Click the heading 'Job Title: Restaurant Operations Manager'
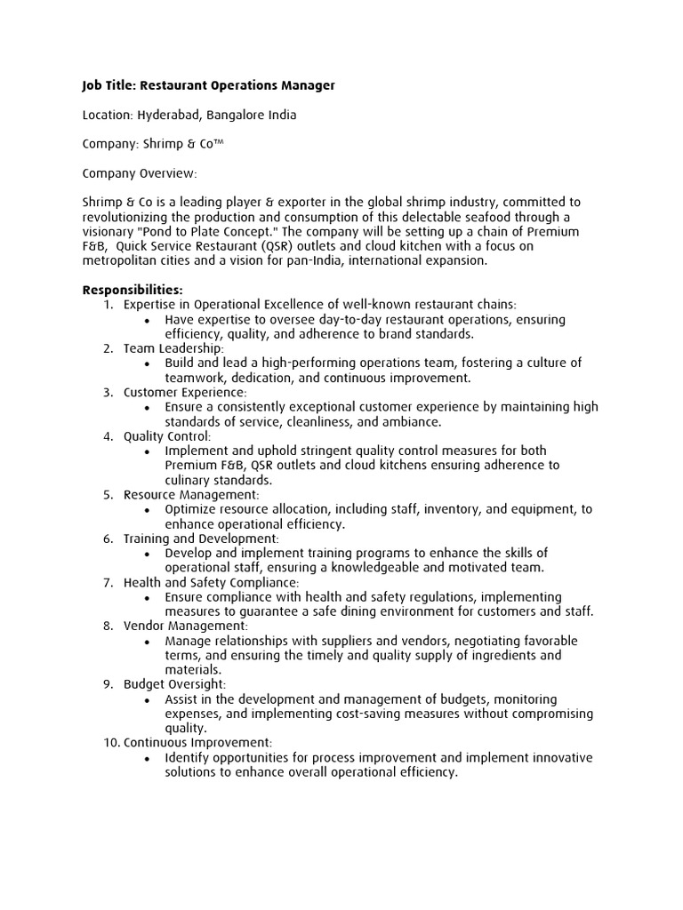[x=208, y=86]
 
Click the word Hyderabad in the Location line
[x=171, y=116]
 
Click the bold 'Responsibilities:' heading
[x=133, y=290]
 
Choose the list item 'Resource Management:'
[x=191, y=494]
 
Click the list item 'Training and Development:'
[x=201, y=539]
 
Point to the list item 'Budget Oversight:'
[x=174, y=684]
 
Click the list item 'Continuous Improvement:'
[x=197, y=742]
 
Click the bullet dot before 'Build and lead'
[x=145, y=363]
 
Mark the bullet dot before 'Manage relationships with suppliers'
[x=145, y=641]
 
